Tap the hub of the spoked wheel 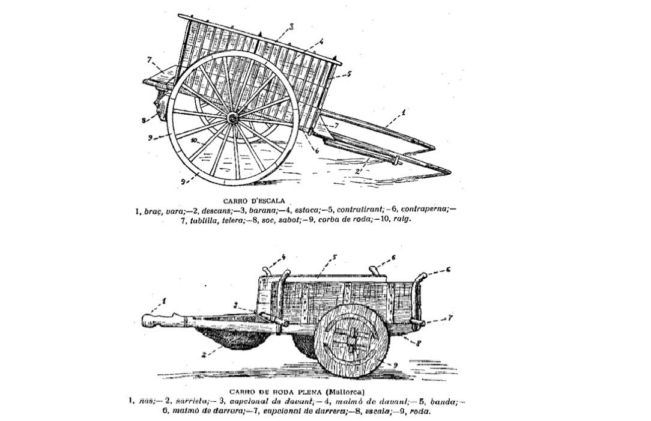coord(232,119)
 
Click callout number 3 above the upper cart coord(291,26)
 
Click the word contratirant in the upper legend coord(359,211)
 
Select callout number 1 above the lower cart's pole coord(163,300)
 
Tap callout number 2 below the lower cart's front coord(204,354)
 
